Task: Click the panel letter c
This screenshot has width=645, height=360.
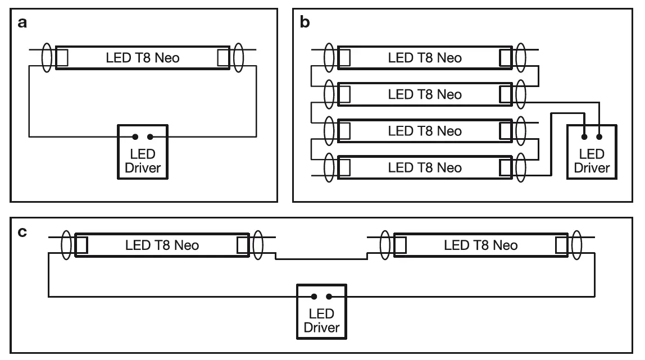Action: [22, 231]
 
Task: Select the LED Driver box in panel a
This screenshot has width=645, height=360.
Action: [143, 152]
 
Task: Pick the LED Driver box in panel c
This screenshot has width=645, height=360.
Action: [321, 312]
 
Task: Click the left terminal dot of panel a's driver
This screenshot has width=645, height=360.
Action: [135, 136]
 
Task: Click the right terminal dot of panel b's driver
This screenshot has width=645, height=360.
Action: [599, 136]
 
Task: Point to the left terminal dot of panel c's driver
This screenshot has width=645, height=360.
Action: [314, 297]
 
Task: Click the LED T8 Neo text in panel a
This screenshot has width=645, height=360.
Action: [143, 57]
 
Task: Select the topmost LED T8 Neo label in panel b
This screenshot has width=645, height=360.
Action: [425, 57]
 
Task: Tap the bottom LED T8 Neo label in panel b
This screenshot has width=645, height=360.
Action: [425, 167]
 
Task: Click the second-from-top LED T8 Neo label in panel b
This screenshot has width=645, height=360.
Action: [425, 94]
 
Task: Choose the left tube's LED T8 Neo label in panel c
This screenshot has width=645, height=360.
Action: [162, 245]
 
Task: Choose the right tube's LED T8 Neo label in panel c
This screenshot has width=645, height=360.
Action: [481, 245]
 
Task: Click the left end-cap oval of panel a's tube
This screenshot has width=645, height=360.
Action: [48, 57]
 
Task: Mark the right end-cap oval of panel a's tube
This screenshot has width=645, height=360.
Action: [238, 57]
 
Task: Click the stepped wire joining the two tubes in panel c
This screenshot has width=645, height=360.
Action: [321, 258]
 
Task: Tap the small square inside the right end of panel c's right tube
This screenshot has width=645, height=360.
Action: [561, 245]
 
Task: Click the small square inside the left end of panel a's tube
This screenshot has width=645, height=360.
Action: [62, 57]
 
